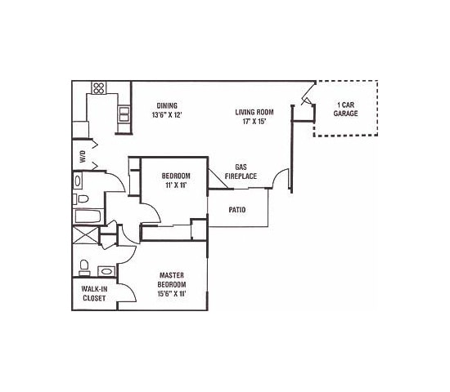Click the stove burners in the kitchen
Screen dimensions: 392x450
(x=98, y=87)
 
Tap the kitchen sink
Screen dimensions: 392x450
(x=124, y=114)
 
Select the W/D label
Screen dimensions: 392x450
(x=82, y=154)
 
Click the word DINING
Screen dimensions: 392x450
(x=167, y=105)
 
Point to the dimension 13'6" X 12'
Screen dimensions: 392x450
(x=167, y=115)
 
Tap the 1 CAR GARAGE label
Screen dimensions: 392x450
(x=345, y=109)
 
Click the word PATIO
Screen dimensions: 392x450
(x=236, y=210)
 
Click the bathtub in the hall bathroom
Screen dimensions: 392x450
(x=86, y=217)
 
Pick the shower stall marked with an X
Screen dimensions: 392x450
(x=85, y=238)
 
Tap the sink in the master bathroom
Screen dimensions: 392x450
(x=106, y=270)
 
